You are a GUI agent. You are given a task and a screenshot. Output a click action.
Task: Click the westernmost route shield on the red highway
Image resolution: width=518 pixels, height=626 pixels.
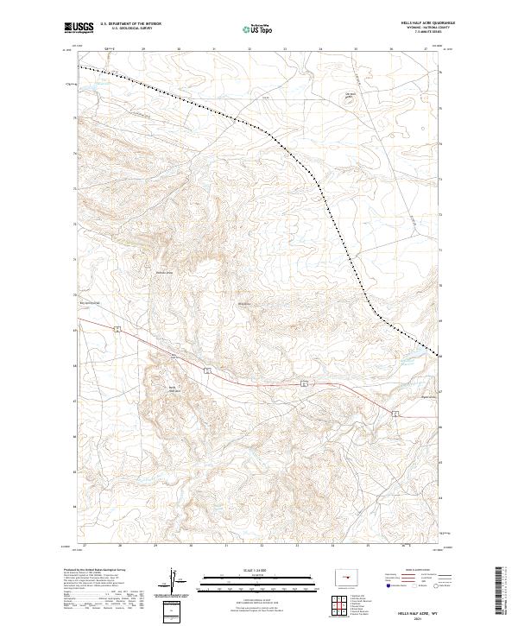pos(117,328)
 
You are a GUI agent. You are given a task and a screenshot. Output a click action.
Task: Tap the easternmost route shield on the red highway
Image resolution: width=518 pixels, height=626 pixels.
pos(394,414)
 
